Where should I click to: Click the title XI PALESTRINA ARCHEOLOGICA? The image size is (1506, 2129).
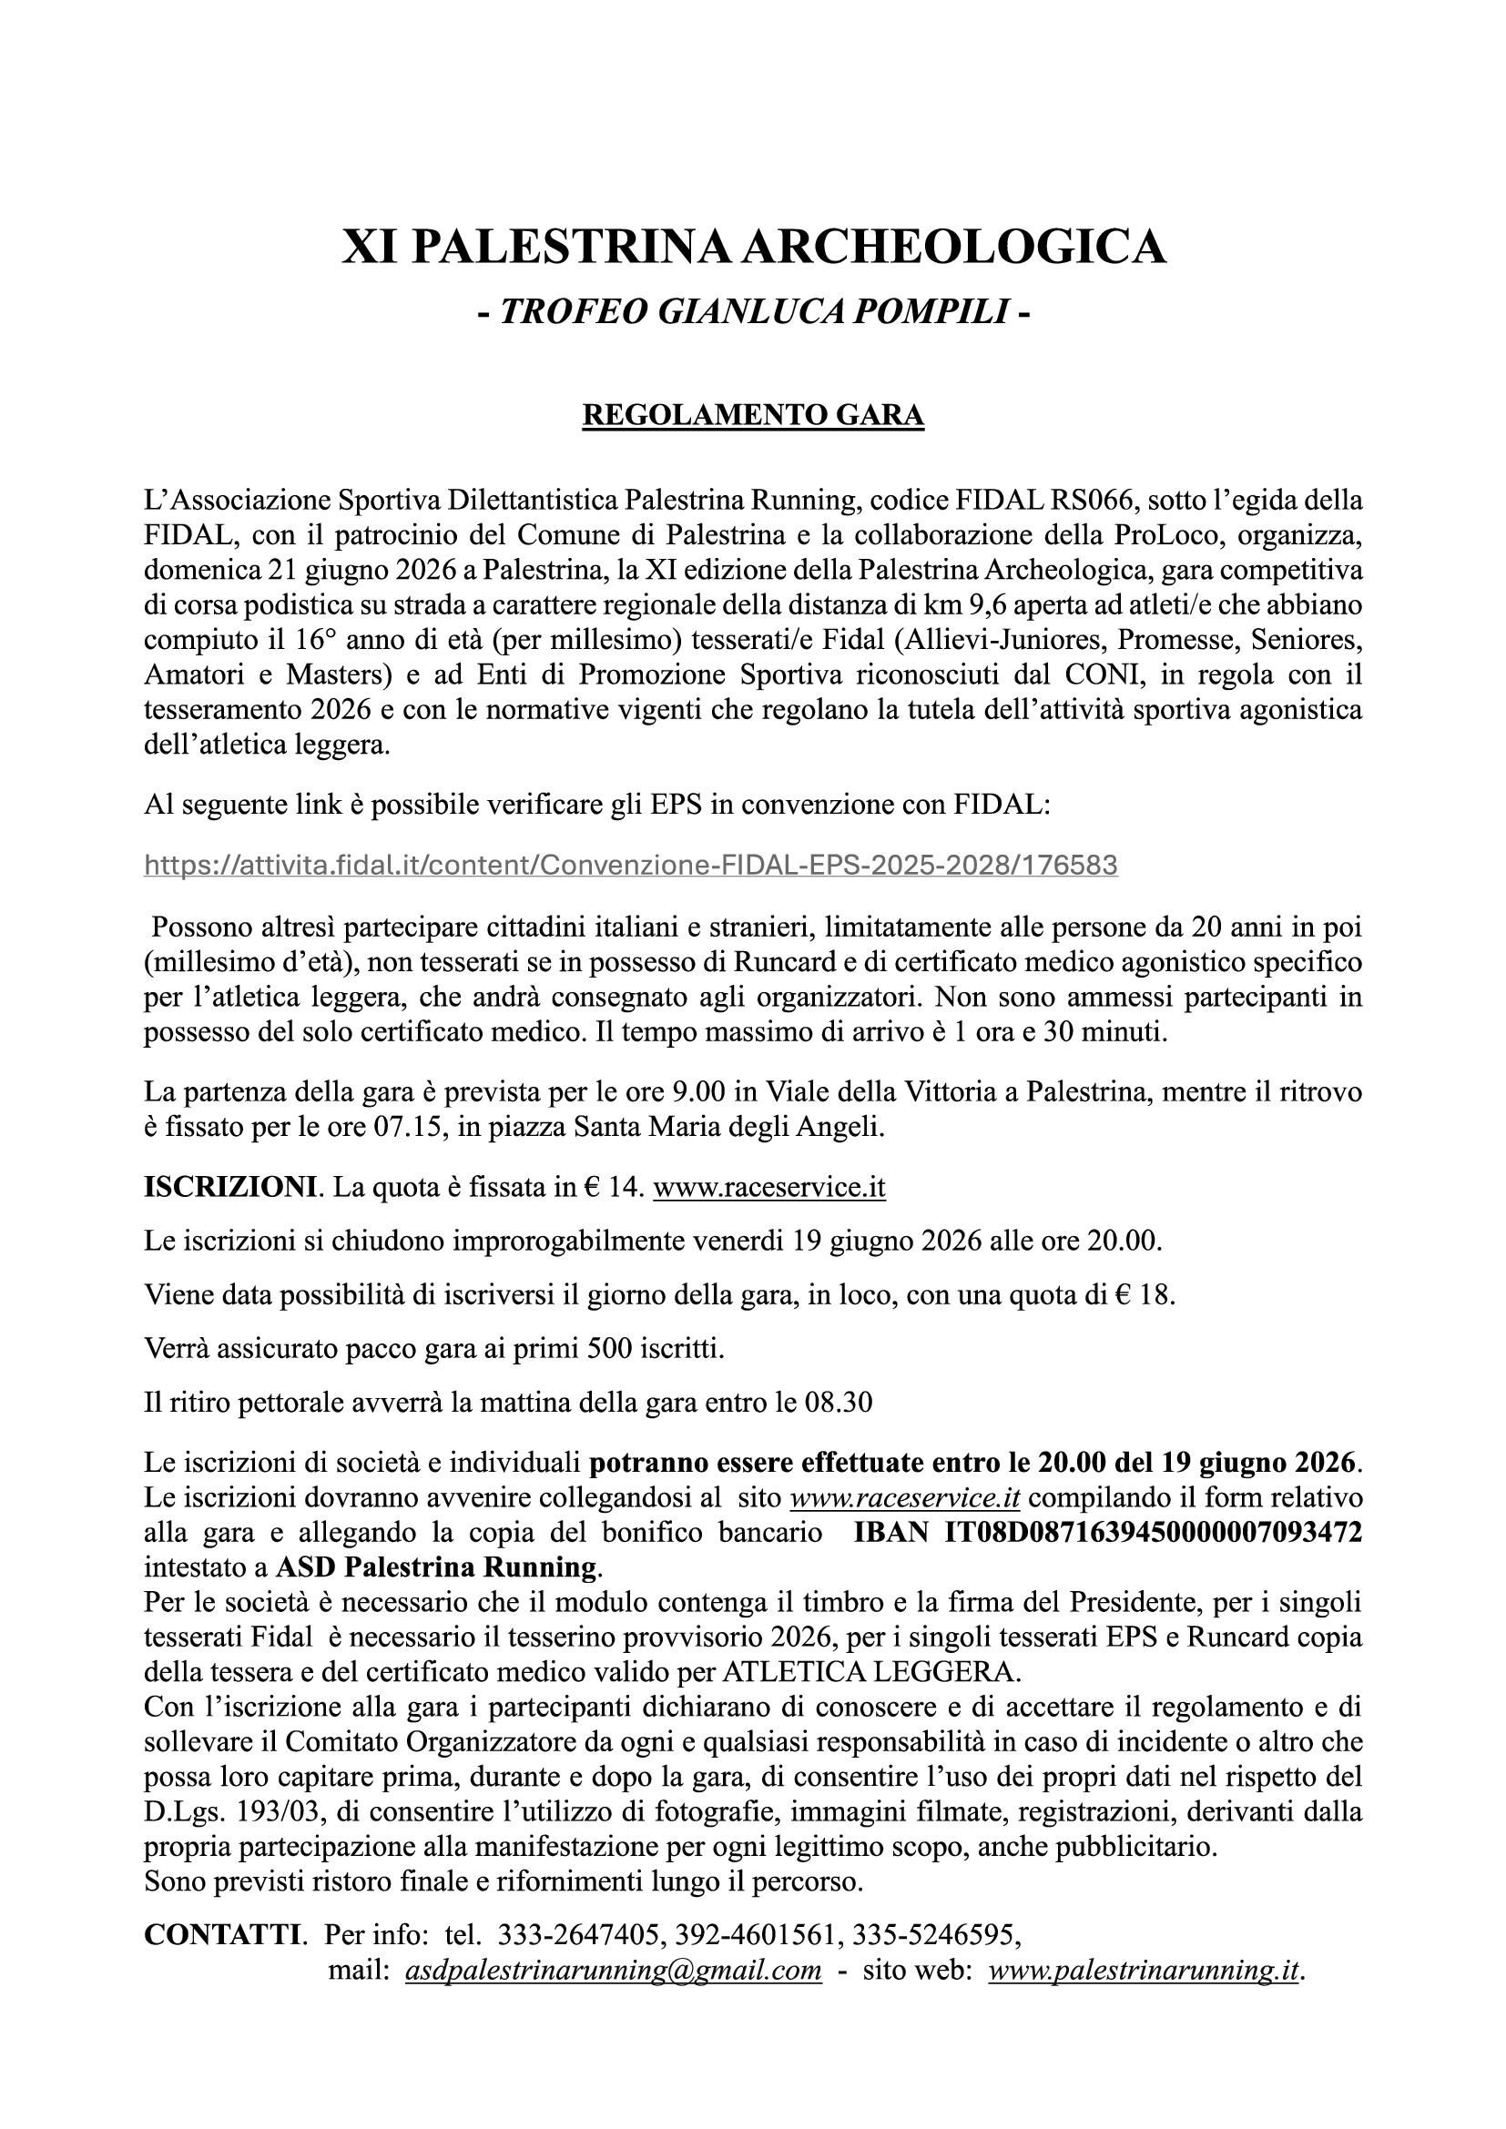(x=753, y=248)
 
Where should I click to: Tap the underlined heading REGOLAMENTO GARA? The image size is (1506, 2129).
(x=753, y=414)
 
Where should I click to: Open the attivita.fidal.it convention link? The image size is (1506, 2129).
(x=631, y=865)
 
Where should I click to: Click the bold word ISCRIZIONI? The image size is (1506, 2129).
(x=230, y=1188)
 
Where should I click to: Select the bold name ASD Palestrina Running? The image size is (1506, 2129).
(x=436, y=1568)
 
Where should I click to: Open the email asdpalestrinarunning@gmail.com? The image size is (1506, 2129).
(x=613, y=1970)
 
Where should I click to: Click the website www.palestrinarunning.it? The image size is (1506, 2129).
(x=1144, y=1970)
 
